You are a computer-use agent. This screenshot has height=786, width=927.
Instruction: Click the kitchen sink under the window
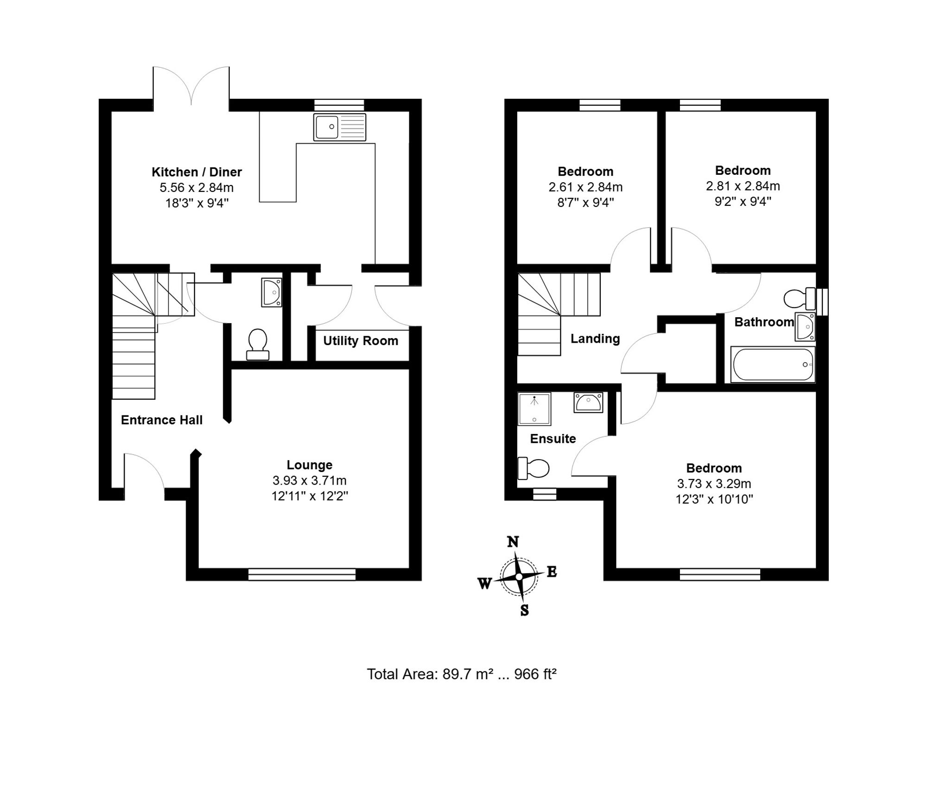pyautogui.click(x=340, y=127)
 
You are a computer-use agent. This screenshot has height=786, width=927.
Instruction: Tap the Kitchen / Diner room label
pyautogui.click(x=197, y=172)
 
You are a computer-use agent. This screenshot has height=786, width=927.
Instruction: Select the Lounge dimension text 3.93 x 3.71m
pyautogui.click(x=310, y=480)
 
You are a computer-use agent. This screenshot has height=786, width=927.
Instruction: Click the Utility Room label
pyautogui.click(x=361, y=341)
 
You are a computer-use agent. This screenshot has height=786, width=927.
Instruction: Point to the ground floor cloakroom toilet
pyautogui.click(x=258, y=345)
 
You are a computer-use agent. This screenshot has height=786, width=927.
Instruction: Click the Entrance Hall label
pyautogui.click(x=162, y=420)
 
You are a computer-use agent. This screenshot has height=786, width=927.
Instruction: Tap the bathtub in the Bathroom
pyautogui.click(x=773, y=364)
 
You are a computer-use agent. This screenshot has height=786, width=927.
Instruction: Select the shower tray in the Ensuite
pyautogui.click(x=534, y=409)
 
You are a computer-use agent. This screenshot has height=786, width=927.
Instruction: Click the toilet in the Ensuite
pyautogui.click(x=533, y=468)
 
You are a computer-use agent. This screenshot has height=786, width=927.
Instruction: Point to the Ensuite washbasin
pyautogui.click(x=588, y=403)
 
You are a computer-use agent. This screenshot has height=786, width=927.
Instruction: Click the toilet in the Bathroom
pyautogui.click(x=800, y=299)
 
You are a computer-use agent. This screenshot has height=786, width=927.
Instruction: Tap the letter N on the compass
pyautogui.click(x=513, y=542)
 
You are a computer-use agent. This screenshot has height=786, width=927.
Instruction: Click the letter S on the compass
pyautogui.click(x=524, y=610)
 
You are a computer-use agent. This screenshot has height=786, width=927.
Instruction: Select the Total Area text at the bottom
pyautogui.click(x=462, y=674)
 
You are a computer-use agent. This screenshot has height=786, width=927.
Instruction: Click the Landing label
pyautogui.click(x=595, y=339)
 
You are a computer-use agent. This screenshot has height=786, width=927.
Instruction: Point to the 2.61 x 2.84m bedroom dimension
pyautogui.click(x=585, y=187)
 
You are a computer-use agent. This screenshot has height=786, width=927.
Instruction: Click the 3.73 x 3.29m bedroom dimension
pyautogui.click(x=714, y=484)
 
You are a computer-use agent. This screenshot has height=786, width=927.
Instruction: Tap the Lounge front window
pyautogui.click(x=302, y=574)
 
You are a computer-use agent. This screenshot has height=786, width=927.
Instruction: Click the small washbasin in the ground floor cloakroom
pyautogui.click(x=272, y=292)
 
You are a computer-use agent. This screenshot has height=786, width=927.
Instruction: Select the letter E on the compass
pyautogui.click(x=552, y=572)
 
